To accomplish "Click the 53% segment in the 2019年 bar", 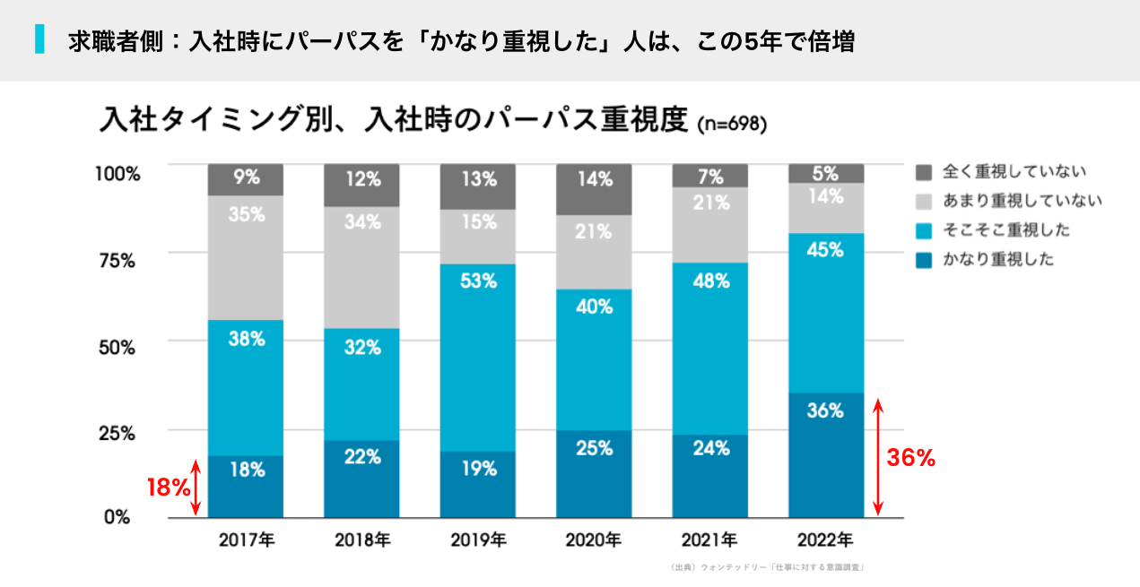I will pyautogui.click(x=478, y=358).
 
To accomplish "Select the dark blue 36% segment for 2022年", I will pyautogui.click(x=825, y=454).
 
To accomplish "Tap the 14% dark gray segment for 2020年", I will pyautogui.click(x=594, y=189).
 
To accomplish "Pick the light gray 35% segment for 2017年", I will pyautogui.click(x=246, y=257).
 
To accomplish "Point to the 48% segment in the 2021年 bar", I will pyautogui.click(x=709, y=349).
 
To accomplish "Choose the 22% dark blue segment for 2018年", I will pyautogui.click(x=361, y=479).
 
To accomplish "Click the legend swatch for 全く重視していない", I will pyautogui.click(x=924, y=171).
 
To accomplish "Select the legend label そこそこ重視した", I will pyautogui.click(x=1005, y=230).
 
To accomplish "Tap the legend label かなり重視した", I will pyautogui.click(x=997, y=260).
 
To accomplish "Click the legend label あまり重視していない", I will pyautogui.click(x=1022, y=201).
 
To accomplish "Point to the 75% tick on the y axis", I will pyautogui.click(x=117, y=260).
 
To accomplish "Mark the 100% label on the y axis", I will pyautogui.click(x=117, y=174).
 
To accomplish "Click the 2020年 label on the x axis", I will pyautogui.click(x=594, y=540).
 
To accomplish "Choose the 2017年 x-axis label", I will pyautogui.click(x=246, y=540).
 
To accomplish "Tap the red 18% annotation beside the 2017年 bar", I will pyautogui.click(x=169, y=488).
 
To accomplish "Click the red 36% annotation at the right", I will pyautogui.click(x=910, y=458).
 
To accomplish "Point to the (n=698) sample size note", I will pyautogui.click(x=731, y=125).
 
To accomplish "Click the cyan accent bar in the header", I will pyautogui.click(x=39, y=39).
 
